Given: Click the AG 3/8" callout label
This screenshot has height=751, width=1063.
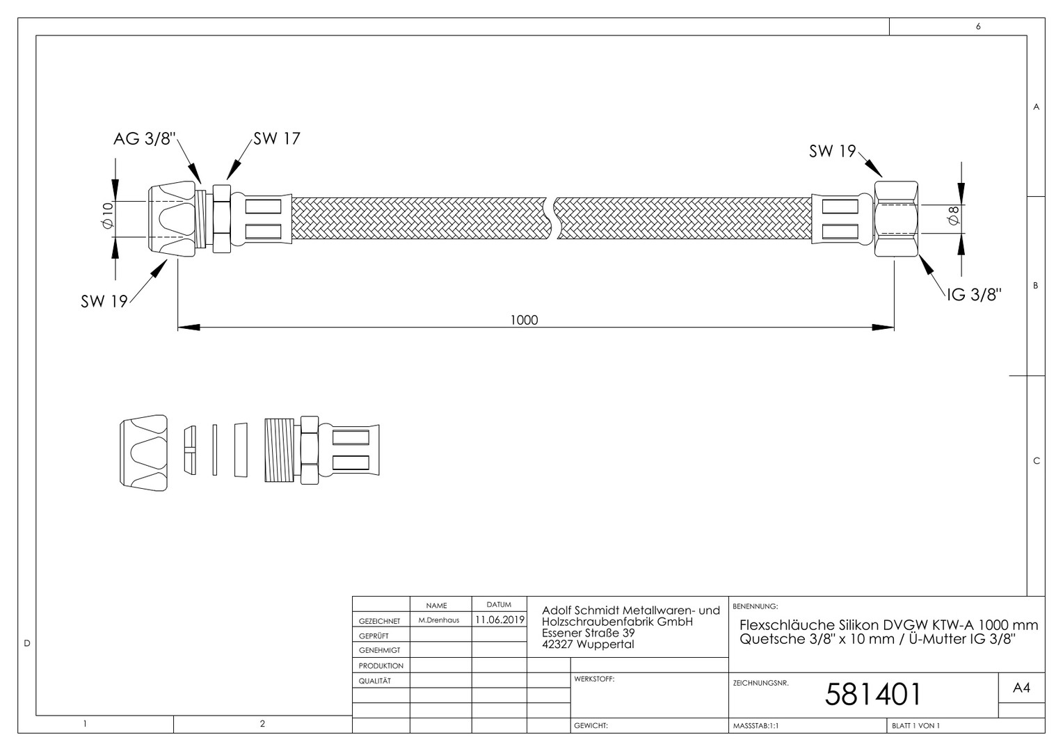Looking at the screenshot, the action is tap(145, 139).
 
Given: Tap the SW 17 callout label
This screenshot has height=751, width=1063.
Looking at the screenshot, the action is tap(277, 138).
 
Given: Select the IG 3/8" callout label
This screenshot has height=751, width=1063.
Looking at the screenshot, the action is tap(974, 295).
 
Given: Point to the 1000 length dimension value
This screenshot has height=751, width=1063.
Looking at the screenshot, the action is tap(524, 321).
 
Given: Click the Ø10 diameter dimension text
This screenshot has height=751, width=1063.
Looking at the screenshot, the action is tap(108, 215).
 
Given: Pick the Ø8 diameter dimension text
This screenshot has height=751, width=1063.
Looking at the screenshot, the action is tap(953, 215).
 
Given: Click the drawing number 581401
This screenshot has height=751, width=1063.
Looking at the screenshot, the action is tap(872, 695).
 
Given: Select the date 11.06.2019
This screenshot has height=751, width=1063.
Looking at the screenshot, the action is tap(499, 620).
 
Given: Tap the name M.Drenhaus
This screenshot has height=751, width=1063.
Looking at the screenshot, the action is tap(439, 620).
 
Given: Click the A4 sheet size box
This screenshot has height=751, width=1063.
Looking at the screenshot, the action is tap(1021, 688).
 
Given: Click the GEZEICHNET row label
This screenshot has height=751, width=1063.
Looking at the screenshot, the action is tap(380, 621).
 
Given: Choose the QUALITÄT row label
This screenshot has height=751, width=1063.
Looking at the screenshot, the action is tap(375, 681).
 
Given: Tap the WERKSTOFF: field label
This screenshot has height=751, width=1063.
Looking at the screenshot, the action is tap(594, 679).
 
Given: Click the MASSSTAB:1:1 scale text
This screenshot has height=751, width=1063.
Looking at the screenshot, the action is tap(756, 726).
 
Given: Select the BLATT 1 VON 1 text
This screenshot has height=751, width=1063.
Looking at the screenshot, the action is tap(916, 726).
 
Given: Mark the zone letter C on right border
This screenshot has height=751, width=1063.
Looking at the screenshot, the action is tap(1037, 460).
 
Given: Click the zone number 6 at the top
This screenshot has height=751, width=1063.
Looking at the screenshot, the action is tap(978, 26).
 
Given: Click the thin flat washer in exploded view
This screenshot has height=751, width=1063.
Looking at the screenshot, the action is tap(215, 450).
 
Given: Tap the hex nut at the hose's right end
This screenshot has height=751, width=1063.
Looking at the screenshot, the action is tap(896, 219).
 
